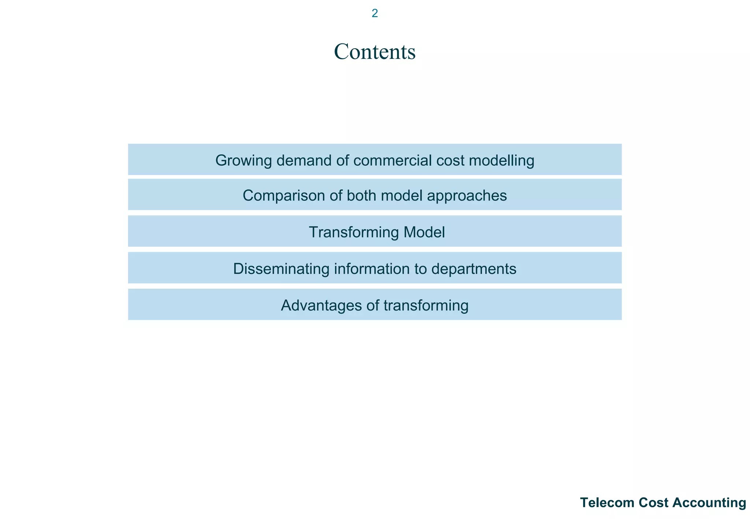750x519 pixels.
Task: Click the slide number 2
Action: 375,14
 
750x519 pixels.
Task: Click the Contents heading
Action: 375,52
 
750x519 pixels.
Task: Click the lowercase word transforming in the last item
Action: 426,306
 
